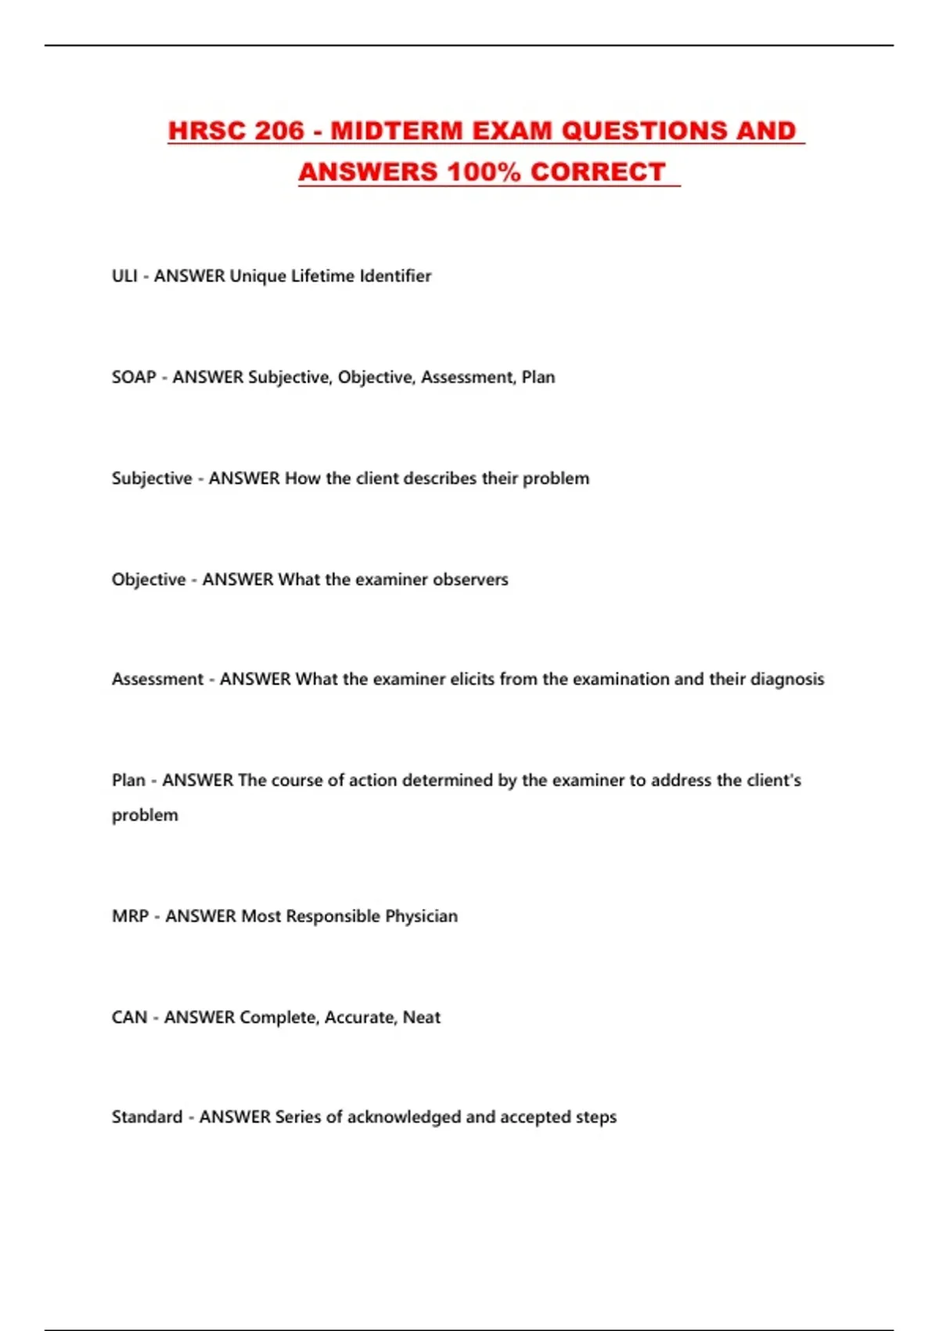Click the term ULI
124,276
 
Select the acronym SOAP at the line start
134,377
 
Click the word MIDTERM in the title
397,131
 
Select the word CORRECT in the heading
598,172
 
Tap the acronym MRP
130,916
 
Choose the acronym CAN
129,1017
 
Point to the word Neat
422,1017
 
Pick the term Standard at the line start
147,1116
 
